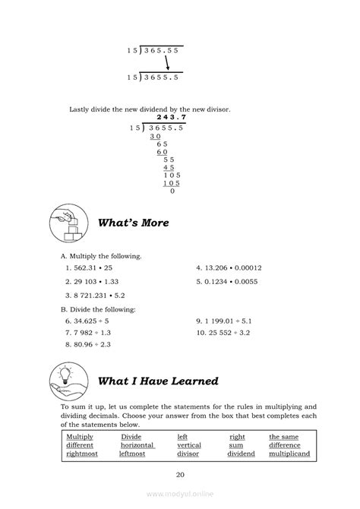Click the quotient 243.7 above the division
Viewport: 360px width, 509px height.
tap(171, 117)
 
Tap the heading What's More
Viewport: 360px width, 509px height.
tap(133, 223)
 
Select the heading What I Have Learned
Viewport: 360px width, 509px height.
tap(158, 381)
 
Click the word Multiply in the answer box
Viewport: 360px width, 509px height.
tap(80, 437)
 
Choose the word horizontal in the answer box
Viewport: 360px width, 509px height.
tap(137, 445)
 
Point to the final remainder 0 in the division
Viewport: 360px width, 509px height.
tap(172, 191)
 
